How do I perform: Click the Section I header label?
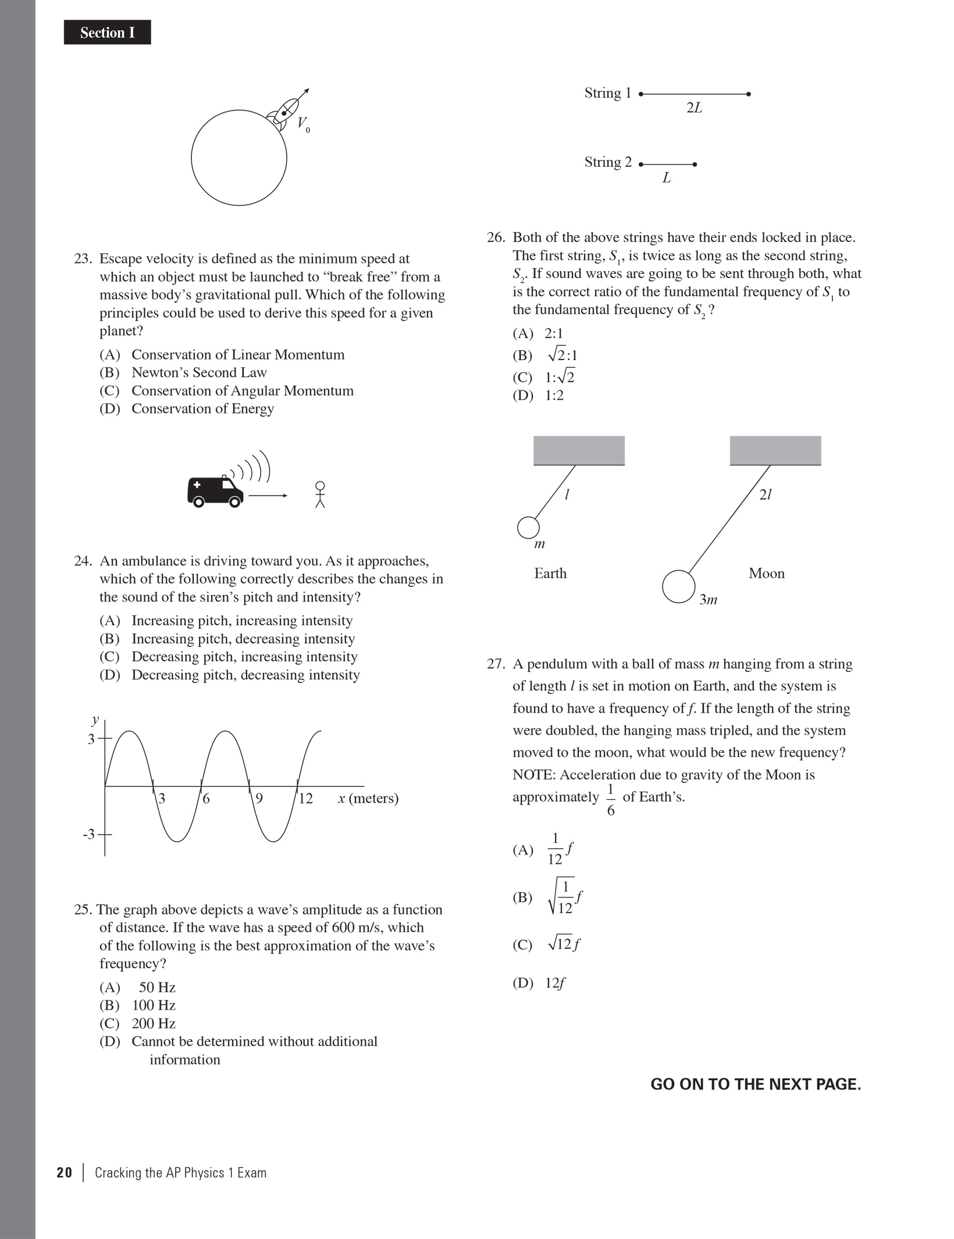107,33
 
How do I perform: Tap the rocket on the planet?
283,111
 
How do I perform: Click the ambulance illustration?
215,492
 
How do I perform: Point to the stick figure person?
319,494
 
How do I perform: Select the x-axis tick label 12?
305,799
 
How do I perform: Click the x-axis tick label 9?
259,799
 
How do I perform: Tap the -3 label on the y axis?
88,835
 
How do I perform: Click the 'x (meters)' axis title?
368,798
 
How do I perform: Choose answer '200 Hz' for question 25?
154,1023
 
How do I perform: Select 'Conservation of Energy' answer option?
202,409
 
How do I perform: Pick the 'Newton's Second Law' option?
199,373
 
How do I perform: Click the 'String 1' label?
607,93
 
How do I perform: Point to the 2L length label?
694,108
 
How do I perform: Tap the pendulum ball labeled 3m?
678,587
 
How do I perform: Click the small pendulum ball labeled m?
528,528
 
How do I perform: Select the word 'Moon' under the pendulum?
766,574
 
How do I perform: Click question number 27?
496,664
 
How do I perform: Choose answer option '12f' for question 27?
555,983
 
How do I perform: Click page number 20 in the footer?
64,1173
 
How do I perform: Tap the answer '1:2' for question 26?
554,396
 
